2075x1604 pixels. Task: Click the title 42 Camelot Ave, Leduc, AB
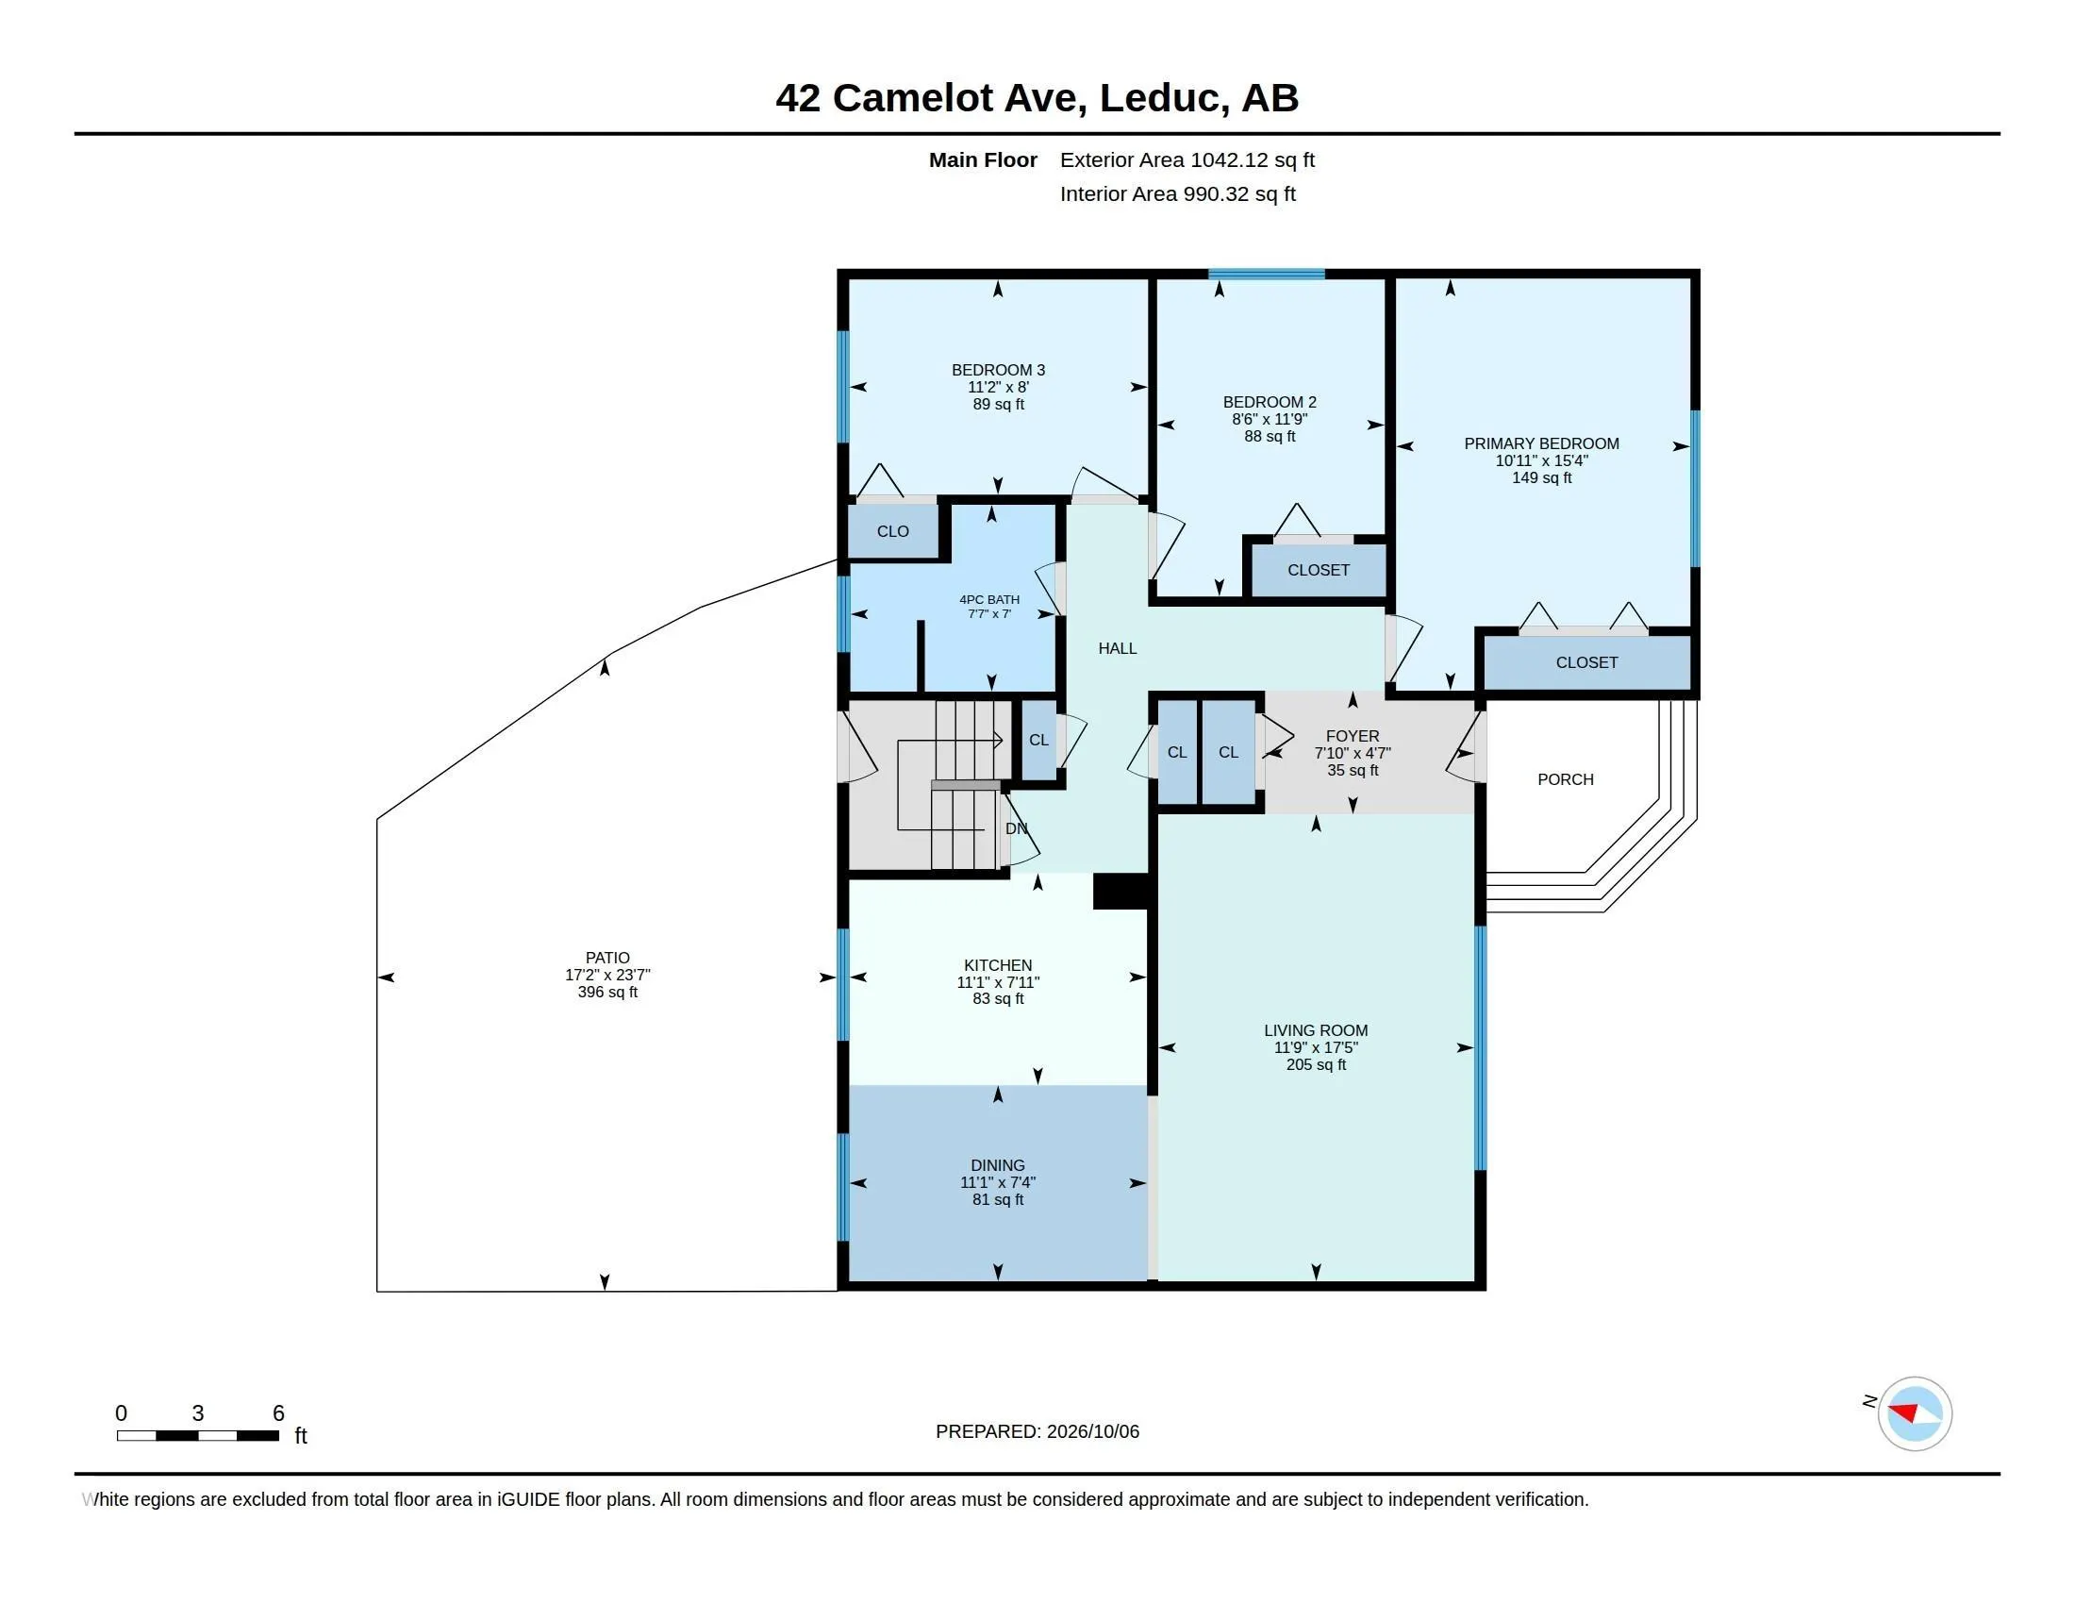(1037, 98)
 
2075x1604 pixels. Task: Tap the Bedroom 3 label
(998, 370)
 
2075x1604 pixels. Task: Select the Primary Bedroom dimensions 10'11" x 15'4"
(1541, 460)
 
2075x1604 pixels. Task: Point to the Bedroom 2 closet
(1318, 570)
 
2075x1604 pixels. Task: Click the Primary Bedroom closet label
(1586, 662)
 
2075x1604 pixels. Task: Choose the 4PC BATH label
(989, 599)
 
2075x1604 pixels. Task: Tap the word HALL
(1118, 648)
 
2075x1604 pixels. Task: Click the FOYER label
(1352, 736)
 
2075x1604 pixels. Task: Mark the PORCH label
(1565, 779)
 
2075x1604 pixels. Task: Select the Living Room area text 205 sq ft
(1316, 1065)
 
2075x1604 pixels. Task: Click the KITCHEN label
(998, 965)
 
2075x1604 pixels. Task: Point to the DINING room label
(998, 1165)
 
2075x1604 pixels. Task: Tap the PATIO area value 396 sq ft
(607, 992)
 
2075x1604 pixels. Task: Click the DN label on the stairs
(1016, 828)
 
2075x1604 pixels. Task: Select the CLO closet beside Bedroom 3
(893, 531)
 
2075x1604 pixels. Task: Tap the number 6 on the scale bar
(278, 1413)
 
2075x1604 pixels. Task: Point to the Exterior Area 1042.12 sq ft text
(1187, 159)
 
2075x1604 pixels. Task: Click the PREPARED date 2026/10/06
(1092, 1431)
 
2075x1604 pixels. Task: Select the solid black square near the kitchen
(1121, 892)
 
